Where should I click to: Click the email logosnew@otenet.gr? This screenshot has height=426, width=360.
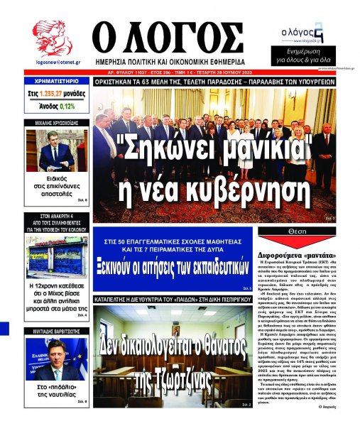coord(53,63)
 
